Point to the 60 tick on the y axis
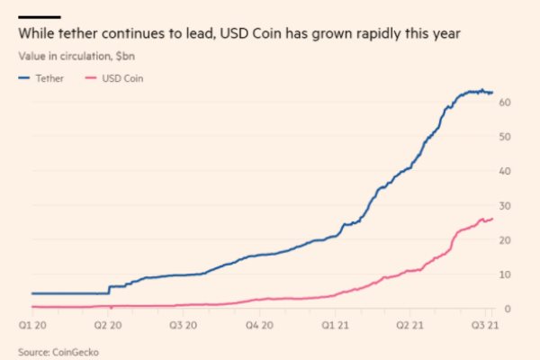tap(506, 103)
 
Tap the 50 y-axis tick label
tap(506, 137)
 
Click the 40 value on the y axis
tap(506, 171)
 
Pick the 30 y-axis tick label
tap(506, 205)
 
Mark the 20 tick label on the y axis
tap(506, 239)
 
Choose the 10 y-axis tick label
tap(506, 274)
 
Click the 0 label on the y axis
tap(508, 308)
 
